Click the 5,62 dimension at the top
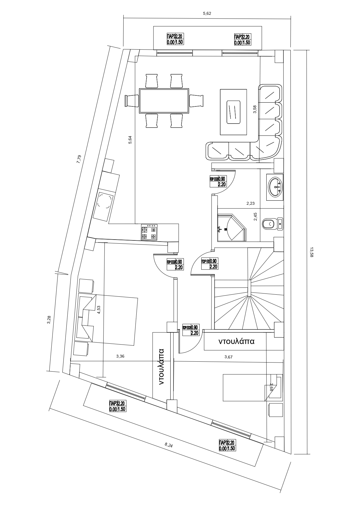[x=207, y=13]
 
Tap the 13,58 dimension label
[x=312, y=252]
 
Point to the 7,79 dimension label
[x=79, y=159]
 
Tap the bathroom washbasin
[x=275, y=187]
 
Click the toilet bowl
[x=268, y=224]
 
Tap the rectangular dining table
[x=164, y=101]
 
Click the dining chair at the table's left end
[x=132, y=101]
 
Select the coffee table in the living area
[x=234, y=112]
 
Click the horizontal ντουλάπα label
[x=236, y=341]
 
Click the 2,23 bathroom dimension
[x=250, y=204]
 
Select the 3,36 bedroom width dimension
[x=120, y=356]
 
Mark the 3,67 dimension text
[x=229, y=357]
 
